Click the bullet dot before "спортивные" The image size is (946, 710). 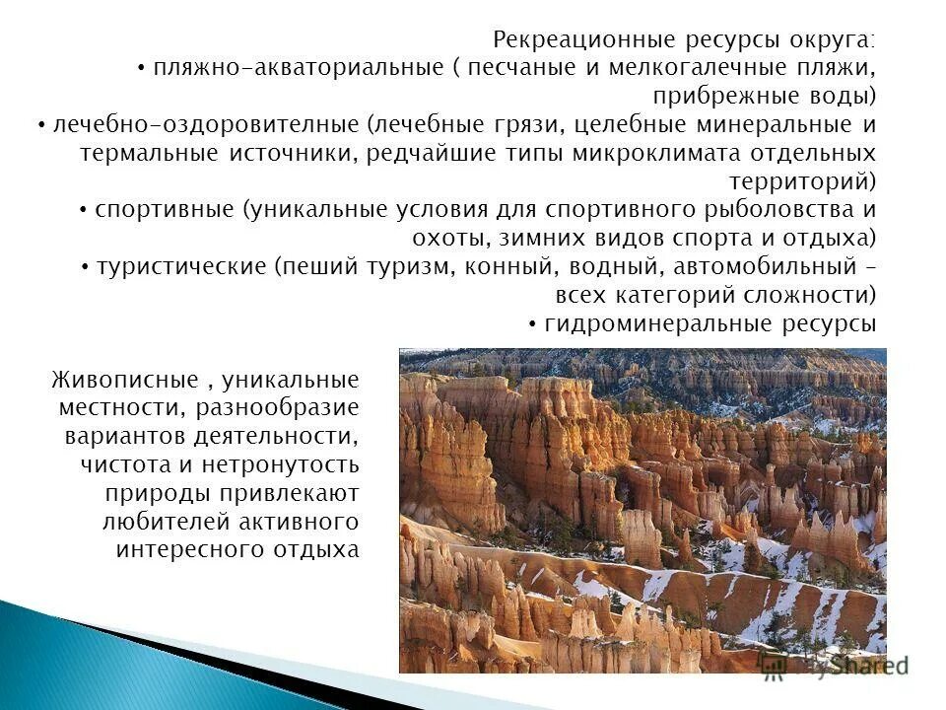[85, 212]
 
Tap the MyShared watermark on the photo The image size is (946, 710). [838, 666]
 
